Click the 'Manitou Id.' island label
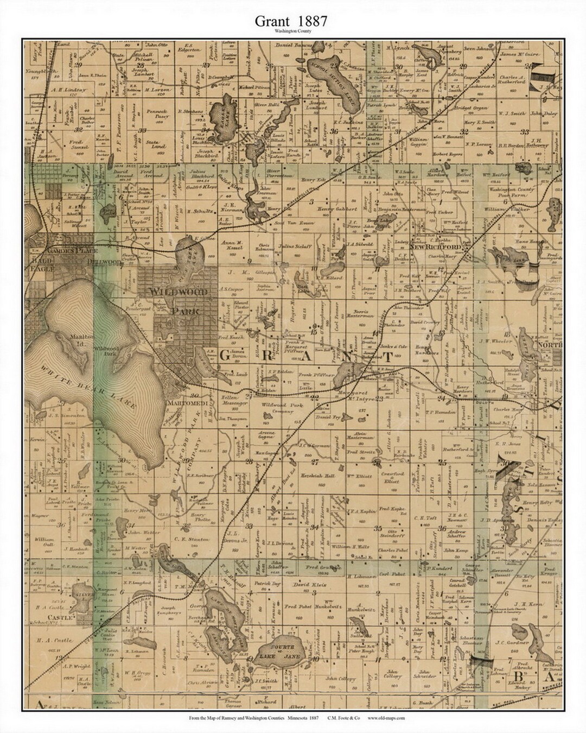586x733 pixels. pyautogui.click(x=78, y=338)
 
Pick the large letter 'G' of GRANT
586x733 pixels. pyautogui.click(x=226, y=356)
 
